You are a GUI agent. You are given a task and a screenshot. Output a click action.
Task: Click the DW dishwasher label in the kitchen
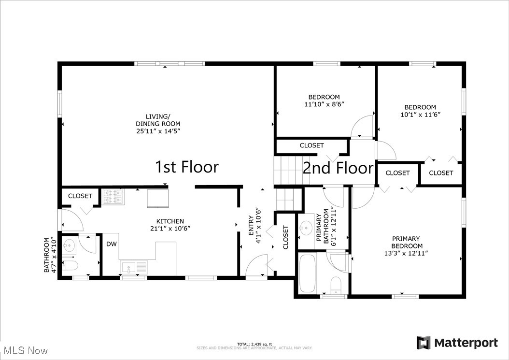(x=112, y=244)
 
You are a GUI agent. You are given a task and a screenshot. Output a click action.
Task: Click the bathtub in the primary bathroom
(x=307, y=274)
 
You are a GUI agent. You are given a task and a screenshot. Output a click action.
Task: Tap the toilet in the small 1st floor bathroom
(x=71, y=266)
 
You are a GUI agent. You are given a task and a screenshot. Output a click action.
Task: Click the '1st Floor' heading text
(x=186, y=167)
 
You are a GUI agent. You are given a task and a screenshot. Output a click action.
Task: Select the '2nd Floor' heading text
(x=338, y=168)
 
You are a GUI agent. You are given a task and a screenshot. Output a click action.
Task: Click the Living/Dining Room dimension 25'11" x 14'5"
(x=158, y=131)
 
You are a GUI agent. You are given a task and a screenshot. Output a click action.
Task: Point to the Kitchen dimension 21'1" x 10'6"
(x=170, y=229)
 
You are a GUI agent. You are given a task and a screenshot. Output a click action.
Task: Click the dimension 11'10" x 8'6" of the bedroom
(x=324, y=104)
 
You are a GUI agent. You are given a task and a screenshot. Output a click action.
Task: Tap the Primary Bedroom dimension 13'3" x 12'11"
(x=406, y=253)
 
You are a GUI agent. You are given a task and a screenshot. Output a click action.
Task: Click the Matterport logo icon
(x=424, y=343)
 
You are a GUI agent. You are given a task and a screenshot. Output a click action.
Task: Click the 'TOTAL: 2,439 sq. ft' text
(x=254, y=344)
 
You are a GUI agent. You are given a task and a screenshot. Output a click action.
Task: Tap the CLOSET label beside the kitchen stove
(x=80, y=196)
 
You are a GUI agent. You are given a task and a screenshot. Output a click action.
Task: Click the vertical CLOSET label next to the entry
(x=285, y=237)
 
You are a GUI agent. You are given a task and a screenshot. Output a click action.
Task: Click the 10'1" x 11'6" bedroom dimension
(x=420, y=115)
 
